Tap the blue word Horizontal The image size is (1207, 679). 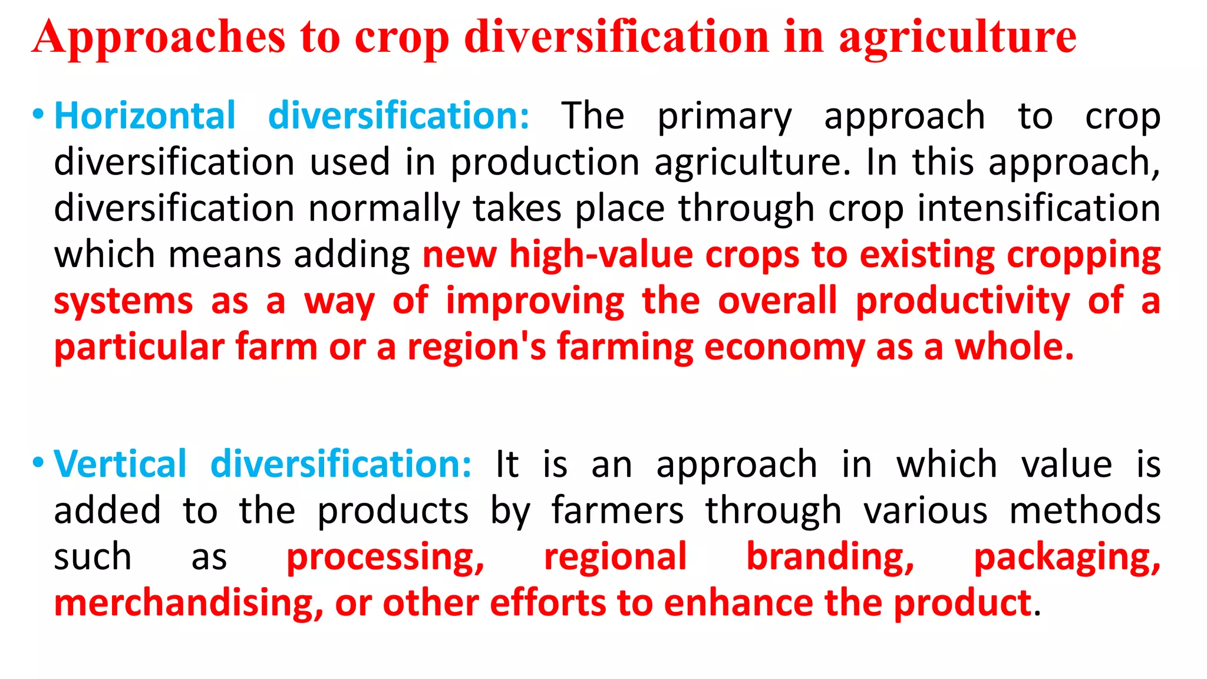(145, 116)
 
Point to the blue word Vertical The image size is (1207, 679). (120, 464)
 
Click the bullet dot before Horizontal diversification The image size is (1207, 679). (38, 114)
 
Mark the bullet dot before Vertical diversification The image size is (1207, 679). (38, 462)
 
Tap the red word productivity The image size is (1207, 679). (962, 301)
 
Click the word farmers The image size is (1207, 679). (617, 510)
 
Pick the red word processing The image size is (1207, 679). (385, 558)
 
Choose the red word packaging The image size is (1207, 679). (1067, 558)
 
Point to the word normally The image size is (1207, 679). (384, 209)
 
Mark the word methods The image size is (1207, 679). (1084, 510)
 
